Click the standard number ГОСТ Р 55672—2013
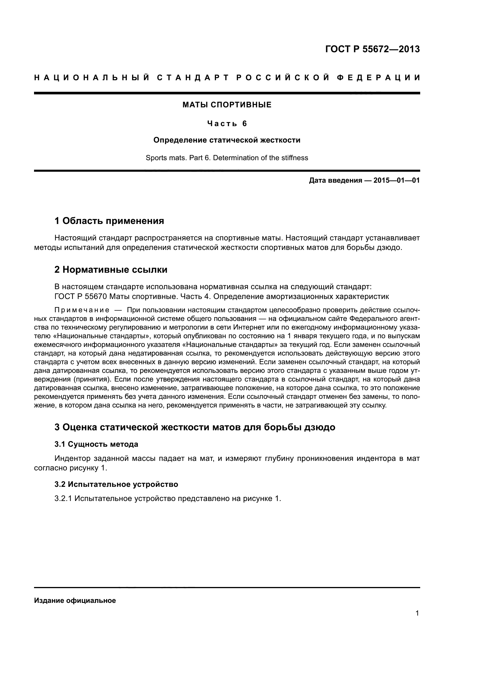click(x=372, y=49)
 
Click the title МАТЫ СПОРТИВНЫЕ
click(x=227, y=105)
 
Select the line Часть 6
click(x=227, y=124)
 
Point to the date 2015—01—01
click(x=397, y=180)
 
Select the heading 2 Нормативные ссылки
click(x=111, y=269)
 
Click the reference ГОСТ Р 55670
click(x=81, y=296)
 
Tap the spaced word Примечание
click(x=82, y=310)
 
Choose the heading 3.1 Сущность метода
click(x=96, y=444)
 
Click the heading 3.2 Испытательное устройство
click(x=116, y=484)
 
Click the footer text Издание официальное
click(x=75, y=601)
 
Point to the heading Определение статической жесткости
click(x=227, y=140)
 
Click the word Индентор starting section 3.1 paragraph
click(x=72, y=458)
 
